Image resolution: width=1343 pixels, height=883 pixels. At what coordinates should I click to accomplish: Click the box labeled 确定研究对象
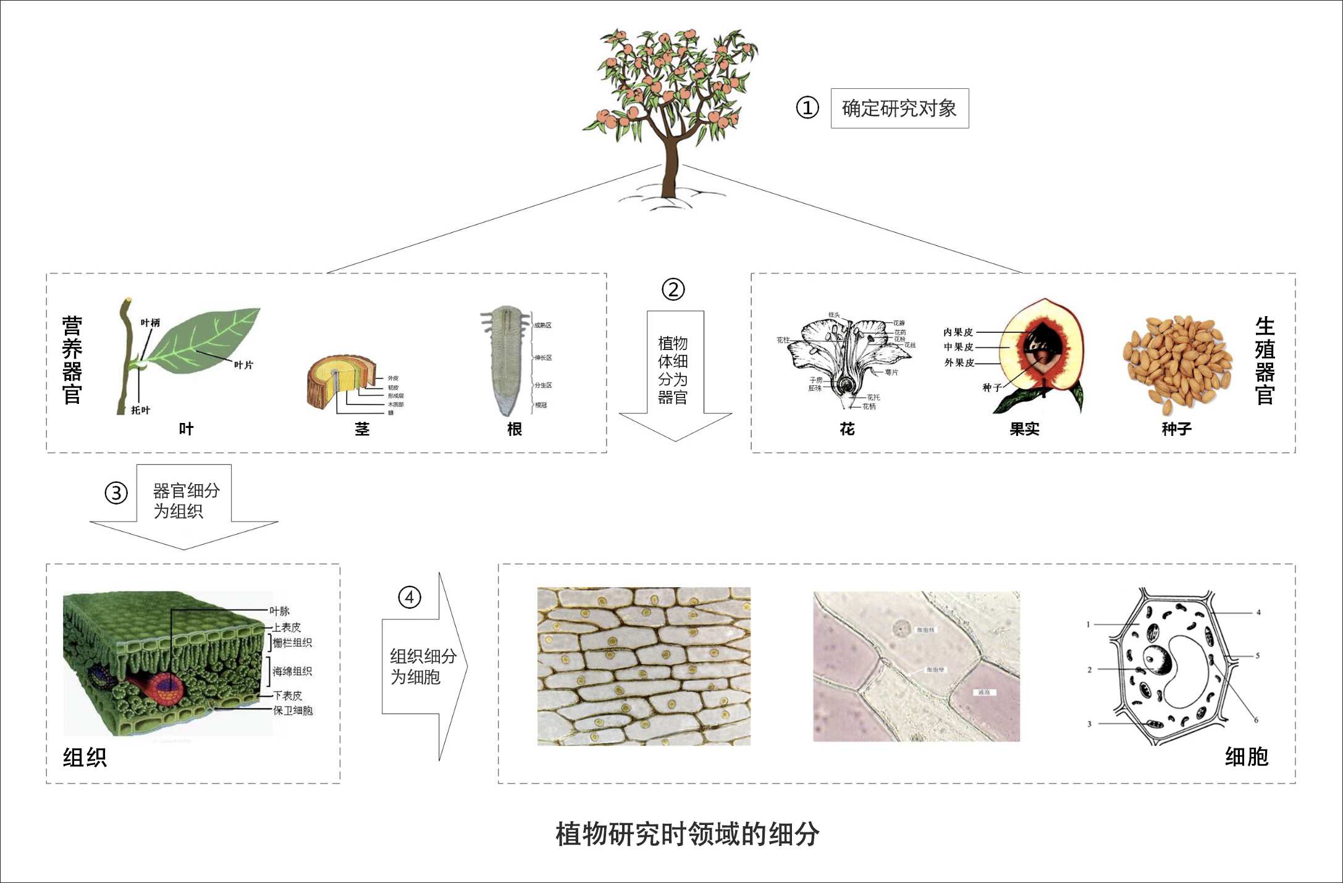(x=899, y=109)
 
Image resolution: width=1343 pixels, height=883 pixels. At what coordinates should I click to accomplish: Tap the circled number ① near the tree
(x=807, y=108)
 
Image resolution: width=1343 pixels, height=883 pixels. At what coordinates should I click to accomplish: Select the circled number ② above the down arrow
(x=673, y=289)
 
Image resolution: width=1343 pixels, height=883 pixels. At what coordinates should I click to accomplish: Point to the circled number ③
(x=116, y=493)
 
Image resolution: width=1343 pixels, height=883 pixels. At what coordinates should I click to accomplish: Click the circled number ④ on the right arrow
(x=409, y=597)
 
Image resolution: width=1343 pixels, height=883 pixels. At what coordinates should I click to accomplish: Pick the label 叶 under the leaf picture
(x=186, y=429)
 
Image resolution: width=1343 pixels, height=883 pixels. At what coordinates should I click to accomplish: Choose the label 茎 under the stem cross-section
(x=362, y=429)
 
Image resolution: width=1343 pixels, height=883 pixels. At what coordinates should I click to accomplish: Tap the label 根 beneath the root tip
(x=515, y=429)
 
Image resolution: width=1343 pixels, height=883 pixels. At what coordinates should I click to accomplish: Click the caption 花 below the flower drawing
(x=847, y=429)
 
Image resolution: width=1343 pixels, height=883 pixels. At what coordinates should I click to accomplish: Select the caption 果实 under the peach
(x=1024, y=429)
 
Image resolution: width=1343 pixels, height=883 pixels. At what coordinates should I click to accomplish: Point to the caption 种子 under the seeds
(x=1176, y=429)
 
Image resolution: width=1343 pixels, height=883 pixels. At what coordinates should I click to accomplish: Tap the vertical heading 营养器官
(x=72, y=361)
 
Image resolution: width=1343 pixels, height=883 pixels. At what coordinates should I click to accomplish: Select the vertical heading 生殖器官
(x=1265, y=361)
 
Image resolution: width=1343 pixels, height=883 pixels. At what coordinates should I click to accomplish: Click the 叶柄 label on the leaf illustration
(x=150, y=323)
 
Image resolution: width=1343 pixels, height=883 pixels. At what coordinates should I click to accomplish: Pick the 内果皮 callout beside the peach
(x=958, y=332)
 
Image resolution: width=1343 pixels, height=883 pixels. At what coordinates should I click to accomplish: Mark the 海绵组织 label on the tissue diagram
(x=292, y=671)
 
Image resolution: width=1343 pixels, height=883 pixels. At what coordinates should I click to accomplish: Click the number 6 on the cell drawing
(x=1256, y=719)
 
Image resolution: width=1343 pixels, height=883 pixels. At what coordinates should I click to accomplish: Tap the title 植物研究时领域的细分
(x=687, y=834)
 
